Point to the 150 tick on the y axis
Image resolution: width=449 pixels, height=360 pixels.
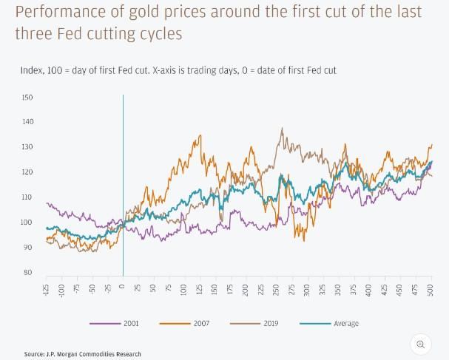pos(27,98)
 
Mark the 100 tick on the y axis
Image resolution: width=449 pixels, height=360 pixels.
pos(27,223)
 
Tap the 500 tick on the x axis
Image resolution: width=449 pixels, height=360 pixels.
pos(431,289)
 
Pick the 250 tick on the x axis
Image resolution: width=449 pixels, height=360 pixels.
pos(277,289)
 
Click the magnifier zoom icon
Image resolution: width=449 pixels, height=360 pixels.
pos(420,344)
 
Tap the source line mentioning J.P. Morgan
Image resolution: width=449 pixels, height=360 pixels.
pos(81,354)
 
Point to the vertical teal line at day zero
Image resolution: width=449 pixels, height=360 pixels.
pos(123,185)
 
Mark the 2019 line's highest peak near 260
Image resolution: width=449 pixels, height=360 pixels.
pos(282,129)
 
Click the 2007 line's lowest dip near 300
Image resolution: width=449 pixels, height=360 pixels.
pos(304,240)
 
